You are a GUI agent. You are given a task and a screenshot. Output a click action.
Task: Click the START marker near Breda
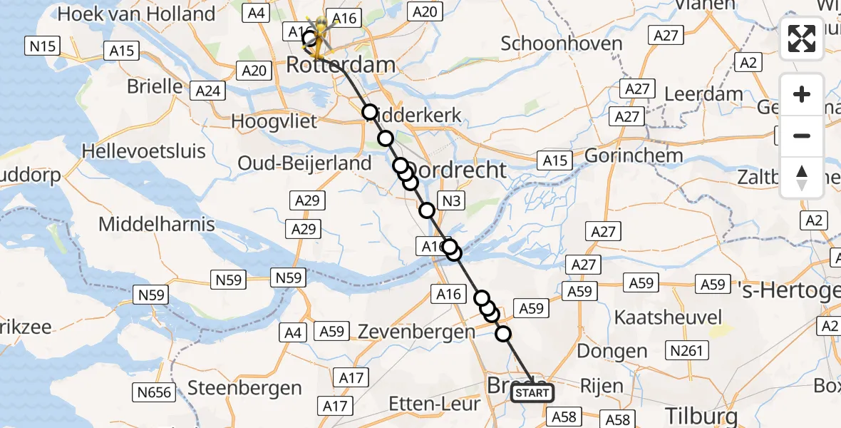click(532, 393)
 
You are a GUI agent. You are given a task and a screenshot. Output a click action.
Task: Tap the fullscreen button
click(802, 39)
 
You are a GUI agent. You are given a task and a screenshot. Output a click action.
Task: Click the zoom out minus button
click(802, 136)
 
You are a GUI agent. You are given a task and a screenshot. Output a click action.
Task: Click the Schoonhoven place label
click(562, 44)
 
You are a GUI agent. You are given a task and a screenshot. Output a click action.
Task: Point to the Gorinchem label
click(634, 156)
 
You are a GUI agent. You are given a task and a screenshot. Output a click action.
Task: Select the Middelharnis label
click(157, 224)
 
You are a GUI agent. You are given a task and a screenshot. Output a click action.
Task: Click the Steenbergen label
click(244, 389)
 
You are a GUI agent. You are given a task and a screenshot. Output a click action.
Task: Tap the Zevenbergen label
click(416, 332)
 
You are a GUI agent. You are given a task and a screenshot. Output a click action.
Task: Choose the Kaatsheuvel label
click(669, 317)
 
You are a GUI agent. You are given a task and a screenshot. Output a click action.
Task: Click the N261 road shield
click(686, 350)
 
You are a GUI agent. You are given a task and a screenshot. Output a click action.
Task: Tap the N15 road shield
click(42, 47)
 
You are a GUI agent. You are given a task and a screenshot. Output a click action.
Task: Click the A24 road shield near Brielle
click(209, 91)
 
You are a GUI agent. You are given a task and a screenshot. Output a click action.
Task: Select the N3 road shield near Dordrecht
click(450, 201)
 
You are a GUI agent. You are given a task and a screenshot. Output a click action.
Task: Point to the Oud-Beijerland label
click(305, 163)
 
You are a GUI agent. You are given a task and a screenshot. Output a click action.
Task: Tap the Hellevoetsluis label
click(144, 151)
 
